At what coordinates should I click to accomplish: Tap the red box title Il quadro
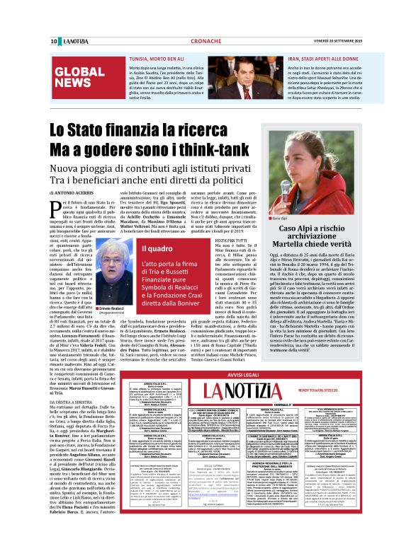point(154,249)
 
